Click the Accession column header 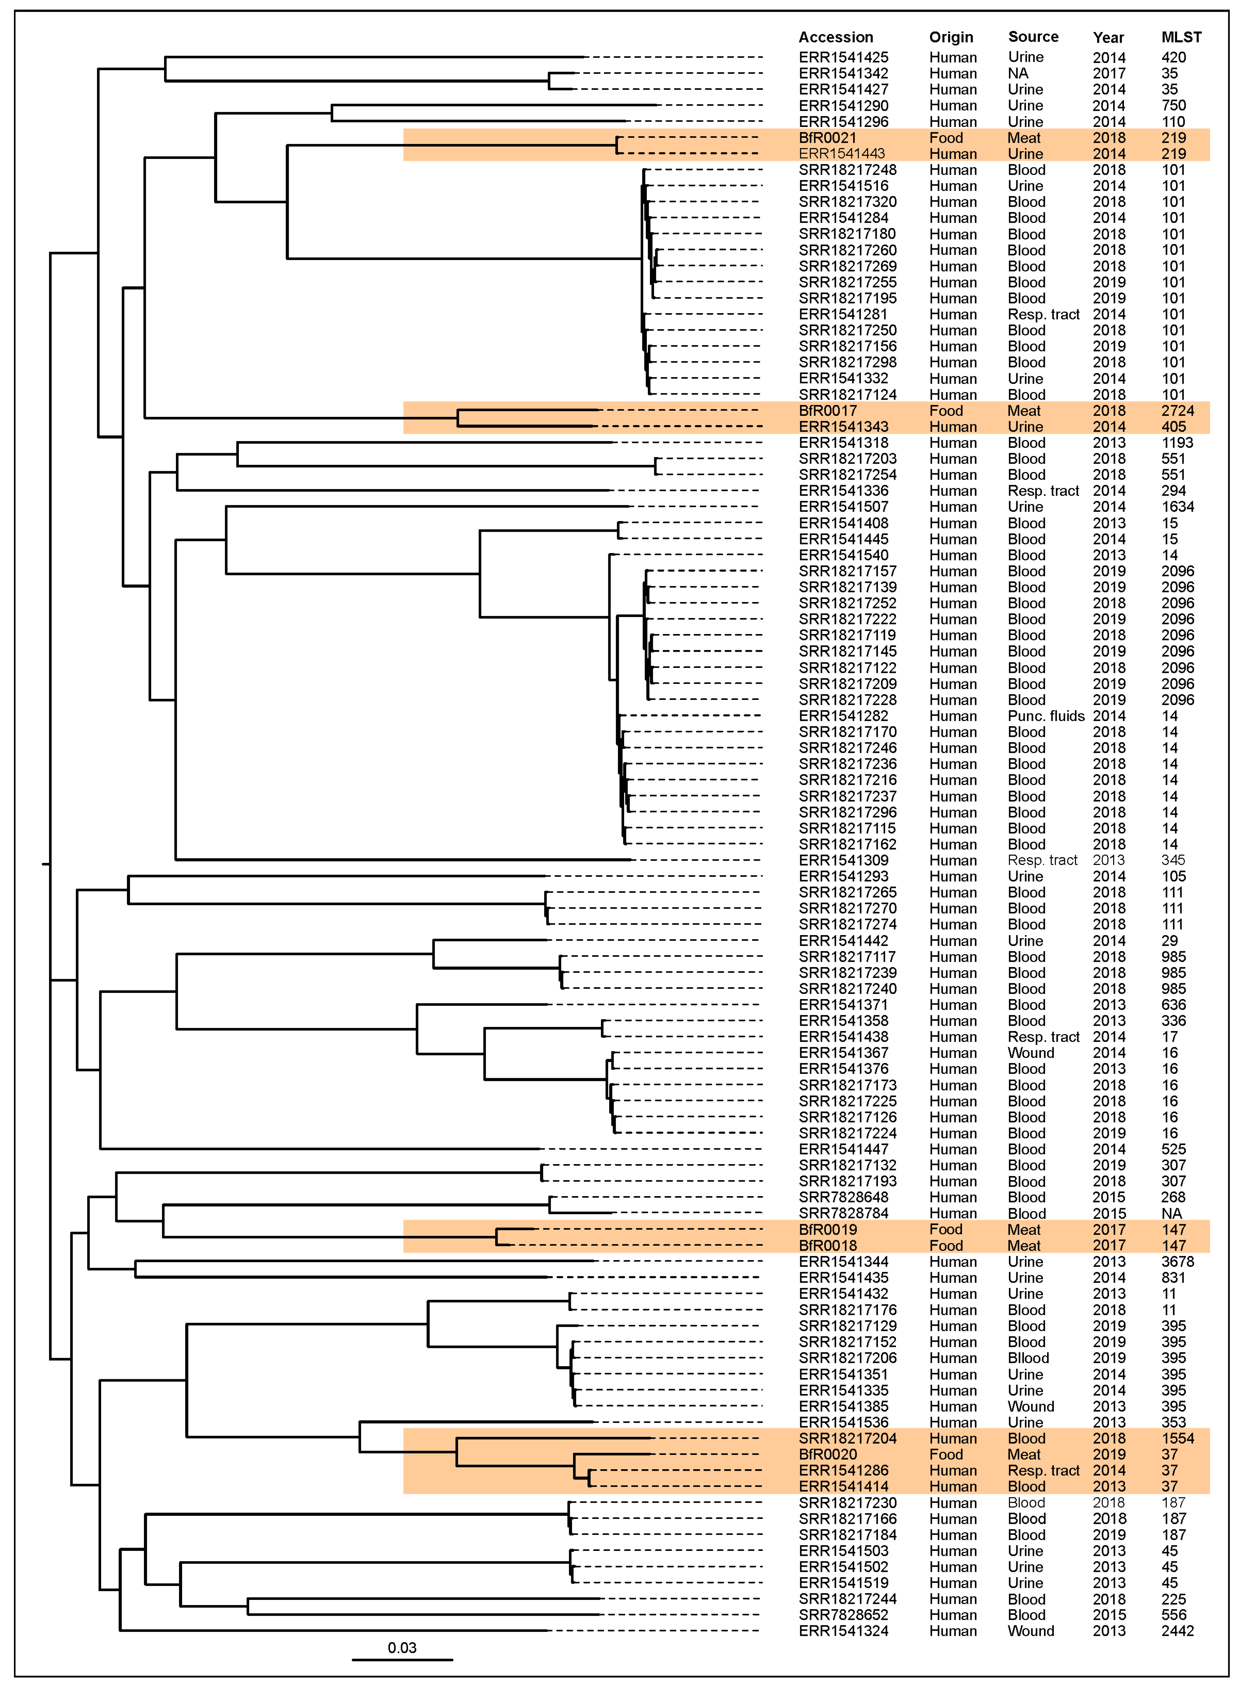(835, 37)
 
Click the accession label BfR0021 (827, 137)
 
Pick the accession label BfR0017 (827, 411)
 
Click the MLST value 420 (1173, 57)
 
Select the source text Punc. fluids (1045, 715)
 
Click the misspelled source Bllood (1028, 1358)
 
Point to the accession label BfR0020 (827, 1454)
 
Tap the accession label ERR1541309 (843, 860)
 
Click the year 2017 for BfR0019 (1109, 1229)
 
